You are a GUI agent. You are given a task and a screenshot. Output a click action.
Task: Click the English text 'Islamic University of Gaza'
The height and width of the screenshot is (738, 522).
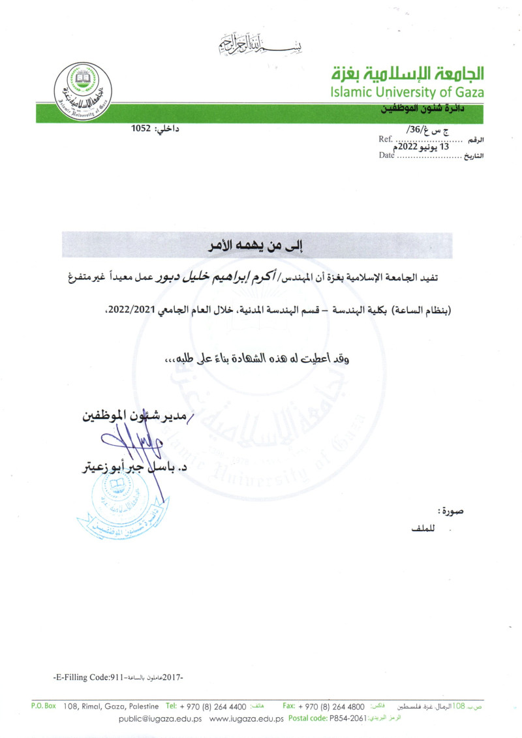[407, 91]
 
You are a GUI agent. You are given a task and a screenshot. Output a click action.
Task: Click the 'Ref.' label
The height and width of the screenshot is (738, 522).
[385, 138]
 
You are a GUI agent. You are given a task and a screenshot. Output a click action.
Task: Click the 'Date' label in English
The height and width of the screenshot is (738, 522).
[387, 155]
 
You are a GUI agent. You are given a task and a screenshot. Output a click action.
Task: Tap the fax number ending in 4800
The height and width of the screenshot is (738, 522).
[333, 706]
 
